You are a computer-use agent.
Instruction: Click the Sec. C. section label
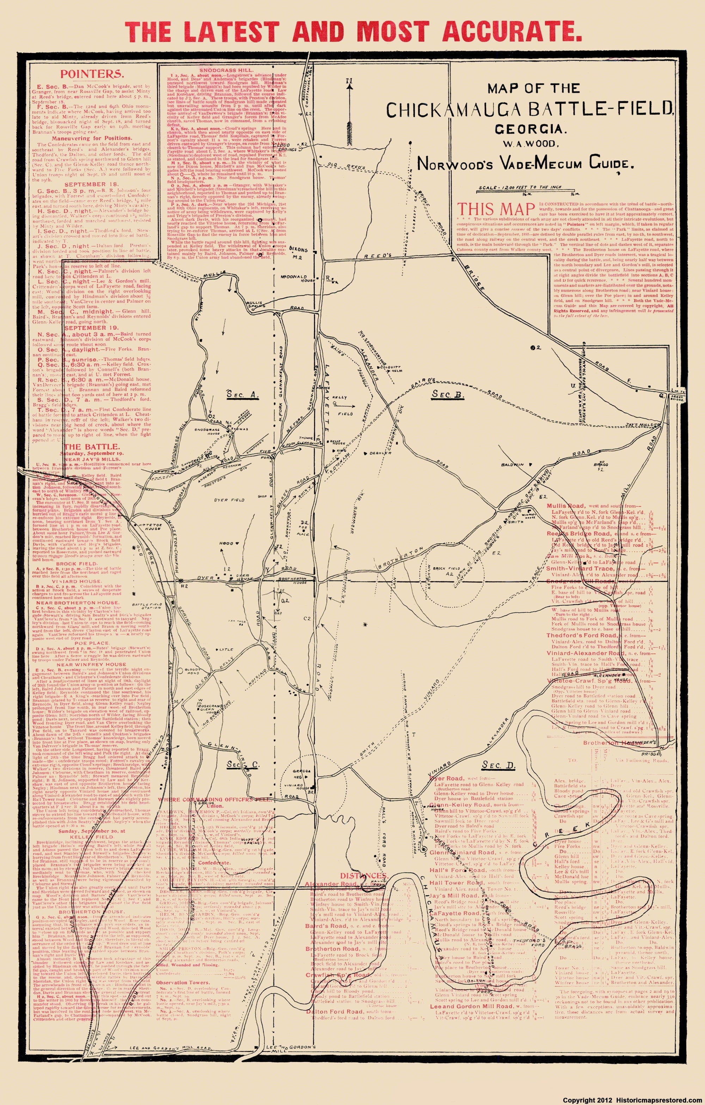237,764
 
